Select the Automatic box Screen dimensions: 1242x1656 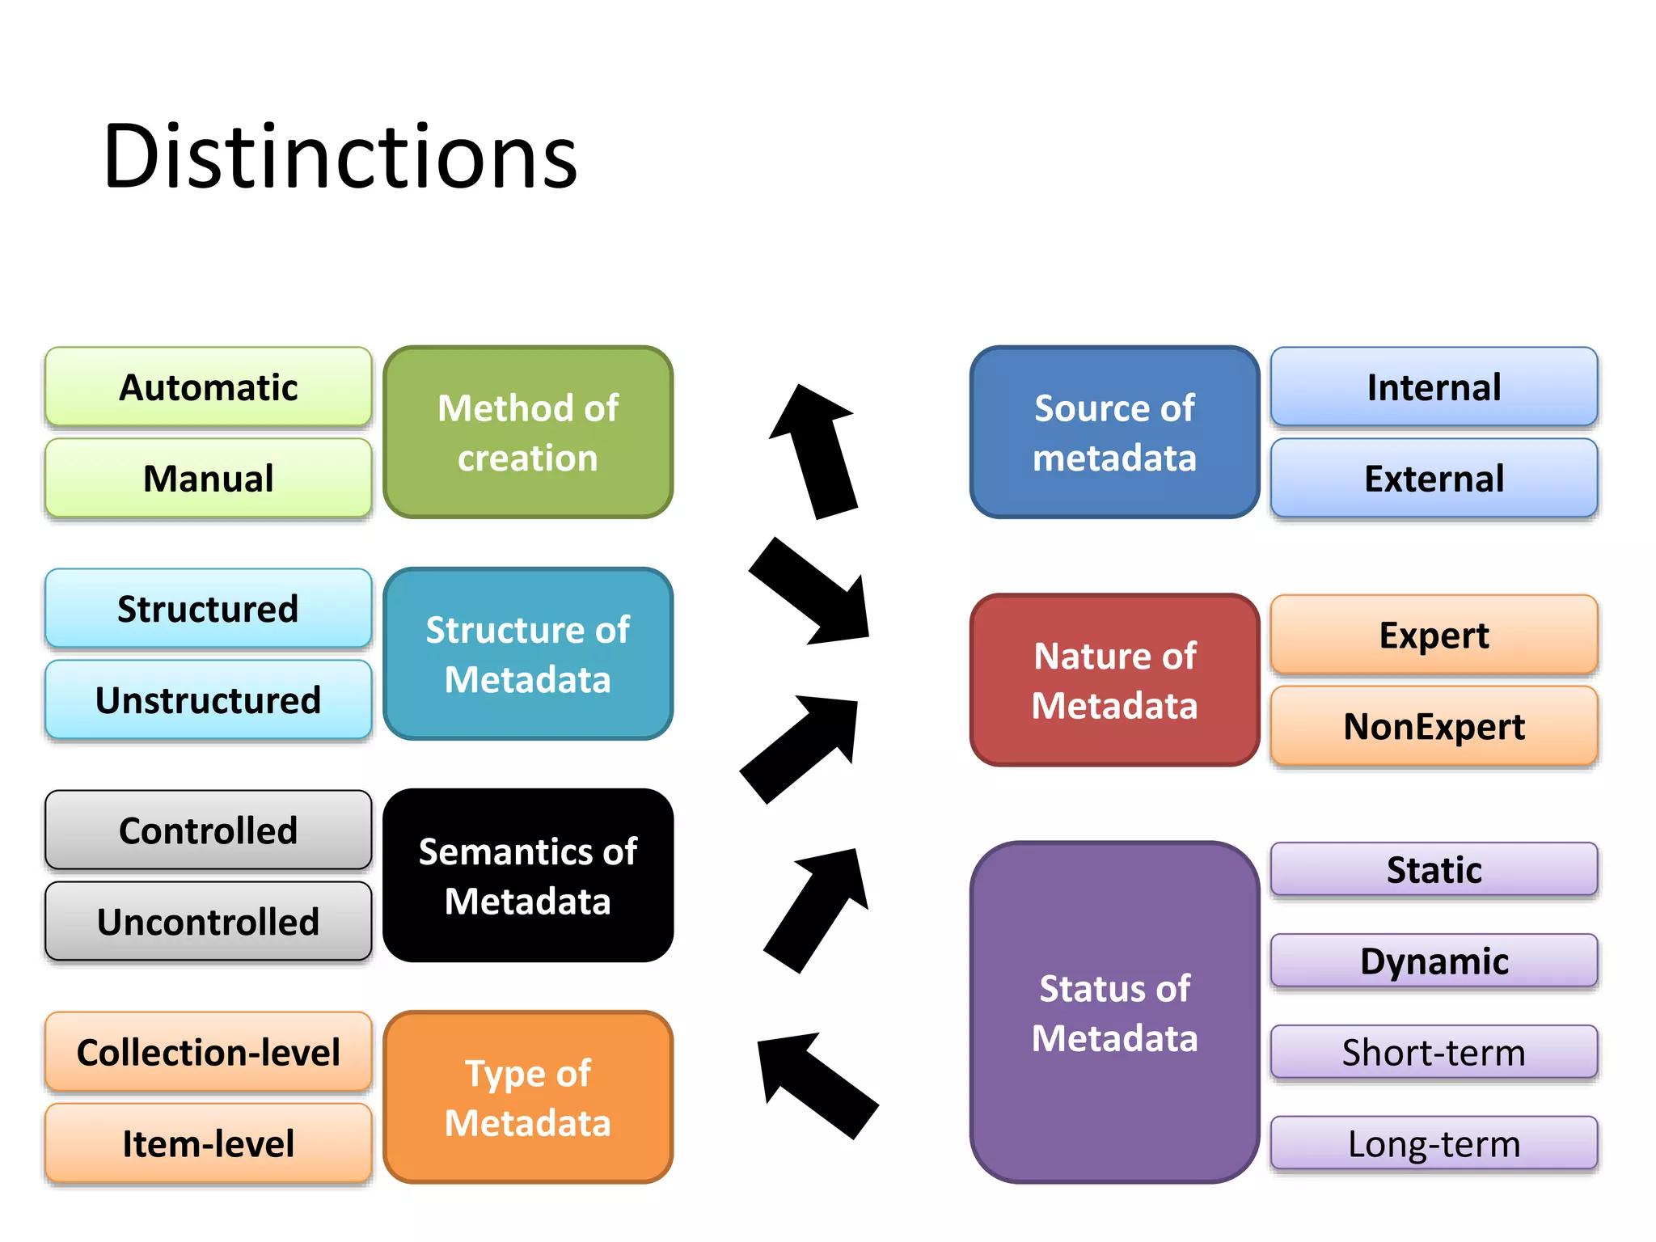209,387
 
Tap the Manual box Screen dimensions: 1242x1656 209,478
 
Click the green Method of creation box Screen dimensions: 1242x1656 528,433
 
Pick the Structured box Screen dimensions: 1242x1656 209,609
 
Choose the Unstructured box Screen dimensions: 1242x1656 209,700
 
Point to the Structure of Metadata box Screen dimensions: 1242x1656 528,654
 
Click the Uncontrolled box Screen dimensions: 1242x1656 209,921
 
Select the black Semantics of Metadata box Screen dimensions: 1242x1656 528,876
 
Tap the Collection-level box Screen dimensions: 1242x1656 209,1052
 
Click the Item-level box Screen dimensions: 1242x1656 209,1143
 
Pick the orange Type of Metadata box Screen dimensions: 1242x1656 528,1097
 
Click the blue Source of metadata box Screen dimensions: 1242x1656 1114,433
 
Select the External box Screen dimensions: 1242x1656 1434,478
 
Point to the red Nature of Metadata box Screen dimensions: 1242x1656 1114,680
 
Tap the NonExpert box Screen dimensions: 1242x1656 1434,726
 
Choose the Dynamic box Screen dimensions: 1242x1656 1434,961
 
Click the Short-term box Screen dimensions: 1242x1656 1434,1052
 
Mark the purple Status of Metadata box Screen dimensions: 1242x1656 1114,1012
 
